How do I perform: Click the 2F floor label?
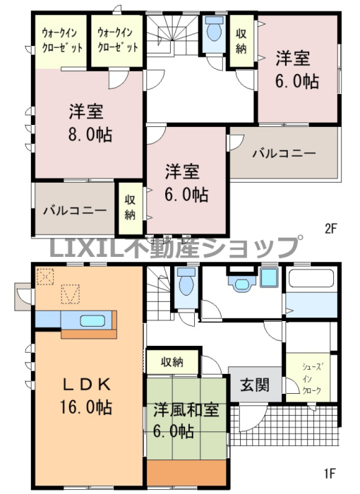click(x=331, y=229)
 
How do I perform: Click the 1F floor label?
click(x=330, y=474)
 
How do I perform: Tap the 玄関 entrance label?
click(x=255, y=385)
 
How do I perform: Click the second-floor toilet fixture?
click(x=214, y=28)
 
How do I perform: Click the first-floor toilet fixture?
click(x=186, y=281)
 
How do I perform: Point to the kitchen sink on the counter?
click(x=92, y=320)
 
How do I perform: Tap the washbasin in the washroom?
click(x=242, y=283)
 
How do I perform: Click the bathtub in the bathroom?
click(x=311, y=277)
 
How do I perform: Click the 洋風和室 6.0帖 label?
click(x=186, y=421)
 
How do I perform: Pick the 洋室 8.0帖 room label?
click(x=90, y=123)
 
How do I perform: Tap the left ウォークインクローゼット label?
click(x=62, y=40)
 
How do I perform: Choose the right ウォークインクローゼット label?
click(x=118, y=40)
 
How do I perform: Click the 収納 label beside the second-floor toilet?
click(x=241, y=41)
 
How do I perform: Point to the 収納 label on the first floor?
click(x=172, y=362)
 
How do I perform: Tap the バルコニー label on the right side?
click(x=284, y=153)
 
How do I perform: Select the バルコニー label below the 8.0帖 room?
click(x=75, y=210)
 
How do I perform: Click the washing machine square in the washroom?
click(x=269, y=277)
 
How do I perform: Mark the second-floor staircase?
click(x=172, y=35)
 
